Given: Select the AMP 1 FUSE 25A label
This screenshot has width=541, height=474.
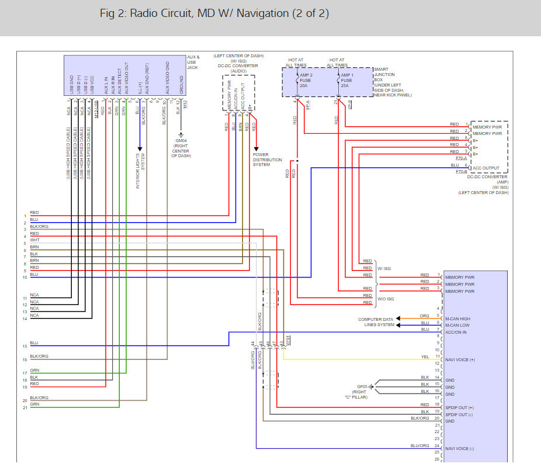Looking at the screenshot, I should click(x=346, y=80).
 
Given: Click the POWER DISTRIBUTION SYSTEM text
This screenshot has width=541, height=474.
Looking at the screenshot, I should click(x=267, y=160).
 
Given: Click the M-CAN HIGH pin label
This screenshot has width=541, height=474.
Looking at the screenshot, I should click(x=457, y=319).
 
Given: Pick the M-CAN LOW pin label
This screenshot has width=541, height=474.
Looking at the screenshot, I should click(x=457, y=326).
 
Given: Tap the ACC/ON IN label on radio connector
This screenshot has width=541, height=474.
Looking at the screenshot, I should click(x=456, y=333).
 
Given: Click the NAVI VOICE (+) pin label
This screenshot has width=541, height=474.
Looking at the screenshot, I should click(x=460, y=359).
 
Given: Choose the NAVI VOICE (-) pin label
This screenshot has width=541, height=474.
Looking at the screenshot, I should click(x=459, y=448).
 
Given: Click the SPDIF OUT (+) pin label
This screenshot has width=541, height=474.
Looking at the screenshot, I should click(x=459, y=407).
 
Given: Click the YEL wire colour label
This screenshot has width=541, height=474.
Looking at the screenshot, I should click(x=425, y=357).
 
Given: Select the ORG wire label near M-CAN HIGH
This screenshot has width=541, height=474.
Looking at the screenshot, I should click(x=425, y=316).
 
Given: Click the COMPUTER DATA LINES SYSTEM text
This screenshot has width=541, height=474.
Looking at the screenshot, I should click(x=376, y=322).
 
